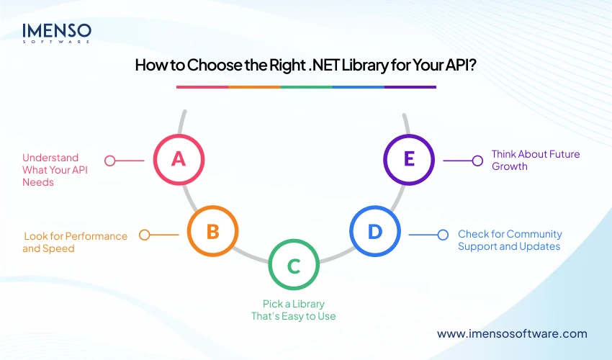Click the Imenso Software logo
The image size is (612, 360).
pyautogui.click(x=56, y=32)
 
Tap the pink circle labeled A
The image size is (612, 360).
pyautogui.click(x=179, y=158)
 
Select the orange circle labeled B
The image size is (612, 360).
pyautogui.click(x=212, y=232)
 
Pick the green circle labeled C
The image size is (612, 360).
pyautogui.click(x=294, y=266)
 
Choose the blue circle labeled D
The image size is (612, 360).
pyautogui.click(x=375, y=232)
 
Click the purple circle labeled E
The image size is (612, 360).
pyautogui.click(x=409, y=158)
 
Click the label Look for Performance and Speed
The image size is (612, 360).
pyautogui.click(x=76, y=242)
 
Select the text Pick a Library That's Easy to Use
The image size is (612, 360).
pyautogui.click(x=299, y=310)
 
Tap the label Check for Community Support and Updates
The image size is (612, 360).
pyautogui.click(x=510, y=240)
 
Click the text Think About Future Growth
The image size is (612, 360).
pyautogui.click(x=535, y=160)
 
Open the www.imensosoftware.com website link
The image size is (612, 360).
pyautogui.click(x=512, y=333)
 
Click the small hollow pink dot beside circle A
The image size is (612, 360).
pyautogui.click(x=110, y=161)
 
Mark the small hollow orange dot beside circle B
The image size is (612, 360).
pyautogui.click(x=145, y=235)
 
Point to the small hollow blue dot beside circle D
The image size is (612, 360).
pyautogui.click(x=444, y=234)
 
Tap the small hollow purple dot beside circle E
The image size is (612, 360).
pyautogui.click(x=477, y=161)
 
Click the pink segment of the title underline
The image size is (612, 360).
pyautogui.click(x=202, y=87)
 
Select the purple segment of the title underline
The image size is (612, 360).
pyautogui.click(x=410, y=87)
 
